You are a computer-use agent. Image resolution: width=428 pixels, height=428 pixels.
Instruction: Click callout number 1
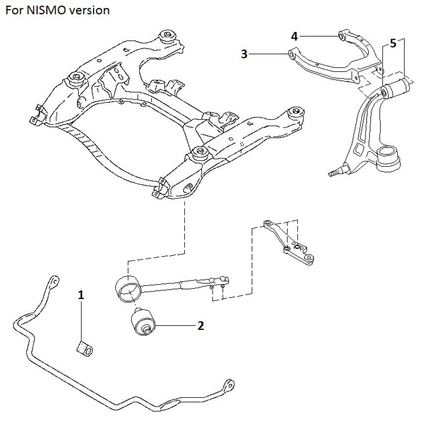point(81,294)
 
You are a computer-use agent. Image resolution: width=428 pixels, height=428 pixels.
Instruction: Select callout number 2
point(200,326)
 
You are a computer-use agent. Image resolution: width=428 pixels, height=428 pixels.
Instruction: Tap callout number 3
point(244,54)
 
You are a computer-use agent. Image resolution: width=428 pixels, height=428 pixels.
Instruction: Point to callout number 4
point(294,36)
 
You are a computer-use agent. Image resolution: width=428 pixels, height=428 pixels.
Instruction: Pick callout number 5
point(393,43)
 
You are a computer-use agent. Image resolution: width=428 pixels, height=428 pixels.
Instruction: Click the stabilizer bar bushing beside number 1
point(85,349)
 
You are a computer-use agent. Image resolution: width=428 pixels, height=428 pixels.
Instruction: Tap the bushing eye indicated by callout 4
point(342,36)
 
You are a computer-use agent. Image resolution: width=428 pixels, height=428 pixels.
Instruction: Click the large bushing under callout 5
point(397,89)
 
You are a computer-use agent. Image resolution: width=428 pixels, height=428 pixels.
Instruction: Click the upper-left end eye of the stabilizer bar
point(54,282)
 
